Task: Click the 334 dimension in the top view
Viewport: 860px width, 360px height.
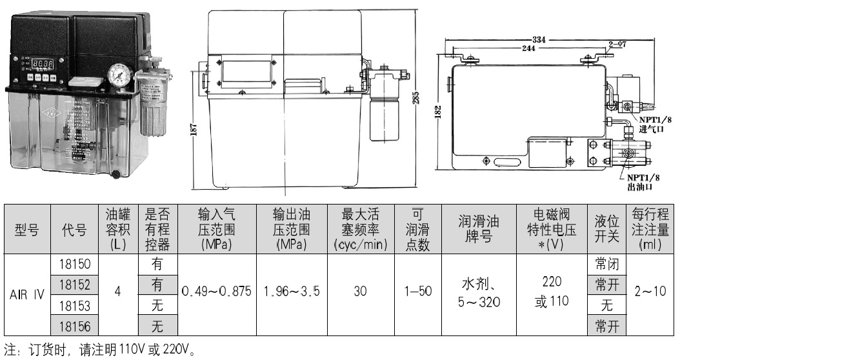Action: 539,39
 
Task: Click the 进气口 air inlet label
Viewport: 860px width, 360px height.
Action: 652,129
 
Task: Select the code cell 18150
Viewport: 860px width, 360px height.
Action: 75,264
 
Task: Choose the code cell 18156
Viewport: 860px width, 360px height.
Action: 75,326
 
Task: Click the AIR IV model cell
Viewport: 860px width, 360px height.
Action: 27,295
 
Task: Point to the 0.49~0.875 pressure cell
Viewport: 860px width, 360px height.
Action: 216,292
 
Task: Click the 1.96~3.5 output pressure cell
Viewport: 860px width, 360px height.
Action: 292,292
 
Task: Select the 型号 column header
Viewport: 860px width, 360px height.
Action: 27,230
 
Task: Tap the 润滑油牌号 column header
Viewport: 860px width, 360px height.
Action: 479,230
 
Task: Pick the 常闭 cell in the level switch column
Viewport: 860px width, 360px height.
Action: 606,264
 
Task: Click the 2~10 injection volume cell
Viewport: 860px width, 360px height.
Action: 650,292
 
